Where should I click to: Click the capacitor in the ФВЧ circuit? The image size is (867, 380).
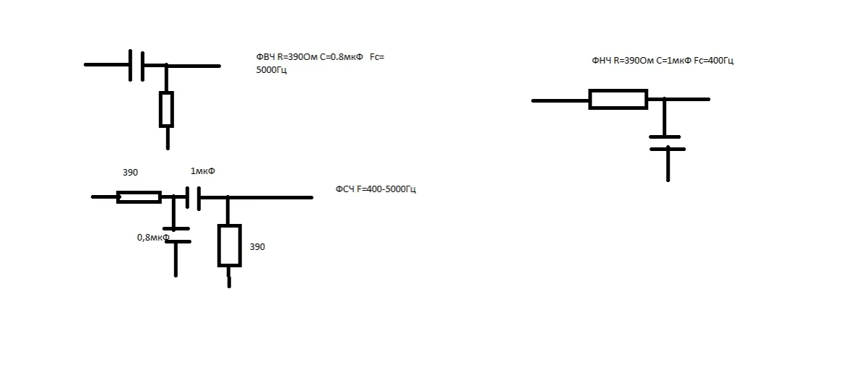click(137, 66)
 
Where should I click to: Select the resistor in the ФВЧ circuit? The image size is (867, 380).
click(167, 109)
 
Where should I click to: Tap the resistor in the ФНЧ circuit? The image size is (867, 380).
click(618, 100)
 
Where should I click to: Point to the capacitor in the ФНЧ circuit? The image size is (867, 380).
click(667, 142)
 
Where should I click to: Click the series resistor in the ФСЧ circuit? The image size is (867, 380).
click(139, 197)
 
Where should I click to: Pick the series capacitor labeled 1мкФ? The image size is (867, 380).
click(192, 197)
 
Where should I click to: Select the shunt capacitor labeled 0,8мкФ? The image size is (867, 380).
click(176, 235)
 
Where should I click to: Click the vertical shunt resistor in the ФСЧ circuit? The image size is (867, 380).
click(229, 246)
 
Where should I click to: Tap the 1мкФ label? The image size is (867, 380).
click(202, 171)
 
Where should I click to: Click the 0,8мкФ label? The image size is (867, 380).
click(152, 237)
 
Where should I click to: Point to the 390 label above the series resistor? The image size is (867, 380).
click(130, 173)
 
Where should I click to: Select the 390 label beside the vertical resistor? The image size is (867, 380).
click(257, 246)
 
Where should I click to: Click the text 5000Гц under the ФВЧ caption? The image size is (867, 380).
click(272, 70)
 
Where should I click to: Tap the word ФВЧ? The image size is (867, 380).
click(265, 57)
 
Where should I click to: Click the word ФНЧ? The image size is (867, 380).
click(601, 61)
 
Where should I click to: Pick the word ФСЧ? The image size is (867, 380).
click(344, 189)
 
